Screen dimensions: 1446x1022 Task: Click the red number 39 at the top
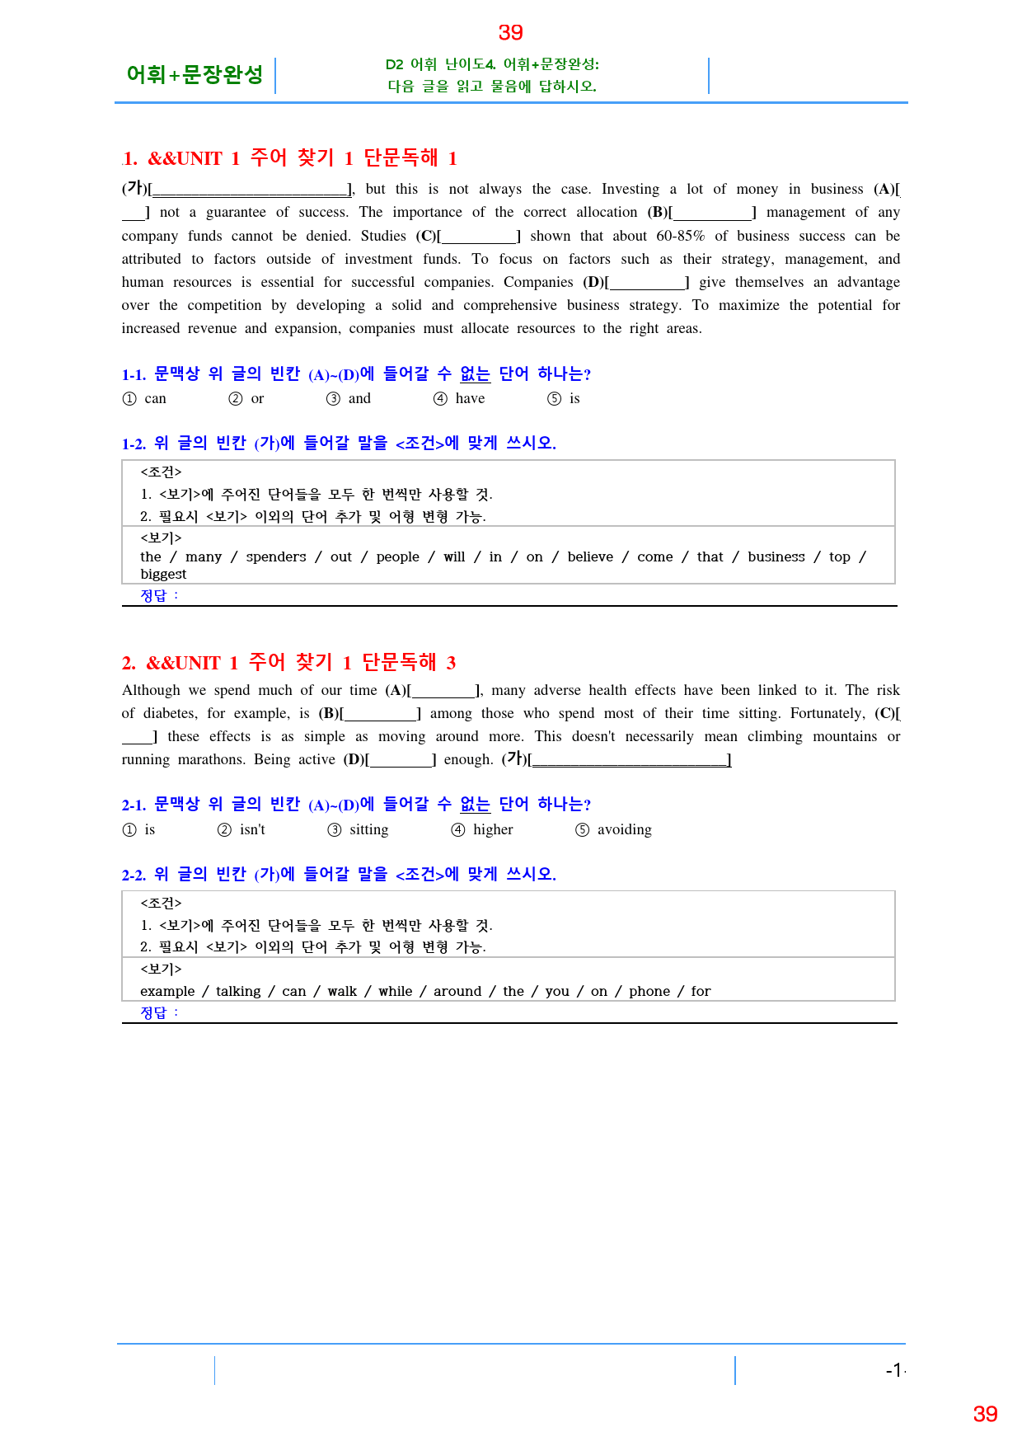tap(510, 33)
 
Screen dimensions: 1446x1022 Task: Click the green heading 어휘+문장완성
tap(195, 75)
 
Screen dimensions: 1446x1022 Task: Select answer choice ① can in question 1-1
tap(145, 399)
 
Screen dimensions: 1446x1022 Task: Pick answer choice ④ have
tap(460, 399)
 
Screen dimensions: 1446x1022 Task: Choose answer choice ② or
tap(246, 399)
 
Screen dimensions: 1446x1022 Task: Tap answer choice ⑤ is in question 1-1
tap(564, 399)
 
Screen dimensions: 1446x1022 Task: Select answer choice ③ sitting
tap(359, 830)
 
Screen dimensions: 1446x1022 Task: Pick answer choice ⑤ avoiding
tap(614, 830)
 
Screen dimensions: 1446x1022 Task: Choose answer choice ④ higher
tap(483, 830)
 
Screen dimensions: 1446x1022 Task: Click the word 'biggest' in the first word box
tap(163, 575)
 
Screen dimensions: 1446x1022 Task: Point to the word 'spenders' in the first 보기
tap(276, 557)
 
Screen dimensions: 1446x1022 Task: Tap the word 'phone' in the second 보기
tap(649, 992)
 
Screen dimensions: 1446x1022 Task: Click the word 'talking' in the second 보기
tap(238, 992)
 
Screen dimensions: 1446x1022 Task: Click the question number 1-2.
tap(134, 444)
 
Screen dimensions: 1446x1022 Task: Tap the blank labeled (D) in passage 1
tap(648, 283)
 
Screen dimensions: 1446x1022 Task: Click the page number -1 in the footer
tap(894, 1370)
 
